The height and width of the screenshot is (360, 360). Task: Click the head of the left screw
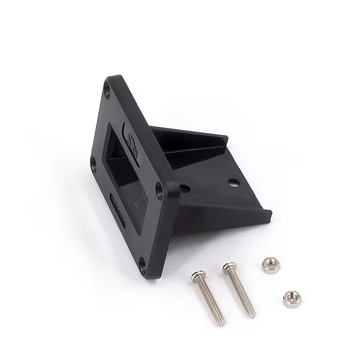[x=196, y=275]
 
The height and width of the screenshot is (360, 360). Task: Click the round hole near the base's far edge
[x=233, y=182]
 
